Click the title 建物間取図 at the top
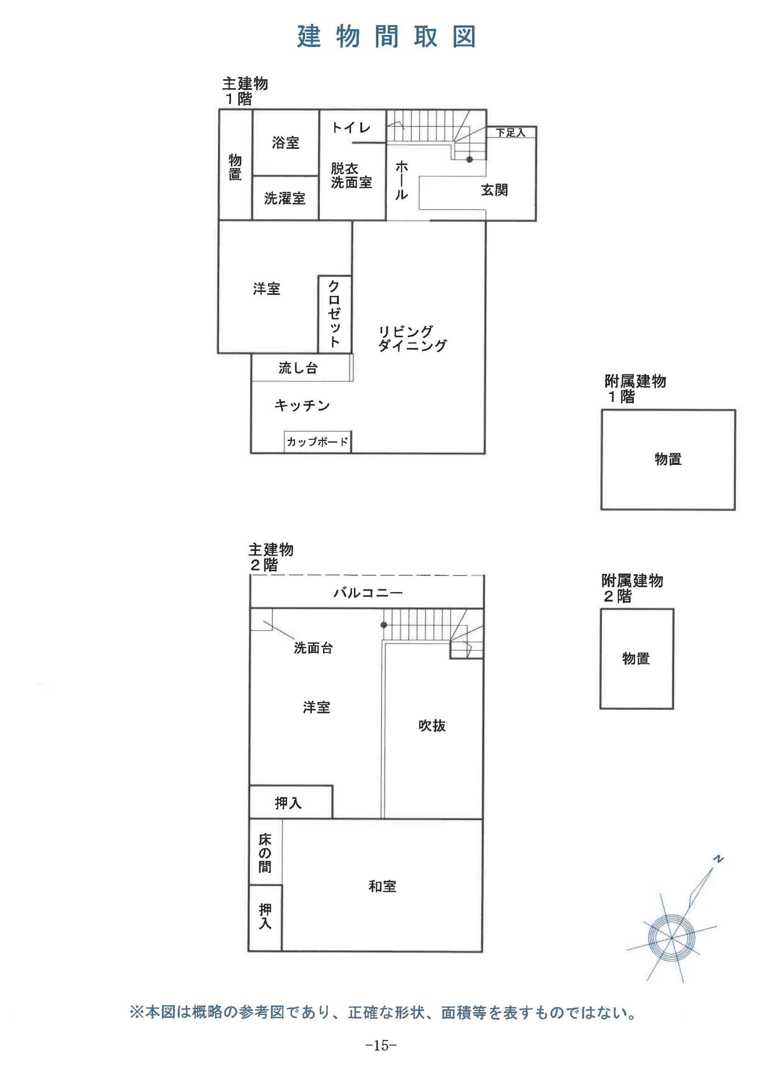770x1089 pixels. [x=386, y=37]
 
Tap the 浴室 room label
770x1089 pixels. [x=285, y=143]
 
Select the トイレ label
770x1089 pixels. [x=351, y=128]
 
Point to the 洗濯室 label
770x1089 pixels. [x=284, y=198]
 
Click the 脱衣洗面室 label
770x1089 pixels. [x=351, y=176]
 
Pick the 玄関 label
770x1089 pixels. [x=494, y=190]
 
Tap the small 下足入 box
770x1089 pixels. [x=511, y=133]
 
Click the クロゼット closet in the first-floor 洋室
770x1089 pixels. [x=334, y=313]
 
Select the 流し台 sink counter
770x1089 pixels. [x=298, y=368]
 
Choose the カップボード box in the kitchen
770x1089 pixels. [x=317, y=442]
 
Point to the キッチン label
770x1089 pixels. [x=302, y=406]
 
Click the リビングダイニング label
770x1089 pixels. [x=412, y=339]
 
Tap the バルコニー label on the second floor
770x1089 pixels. [x=368, y=592]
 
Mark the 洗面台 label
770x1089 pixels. [x=313, y=648]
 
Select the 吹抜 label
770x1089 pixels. [x=432, y=726]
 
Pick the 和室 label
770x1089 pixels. [x=382, y=886]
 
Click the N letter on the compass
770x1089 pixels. [x=719, y=859]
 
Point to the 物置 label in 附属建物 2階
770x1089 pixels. [x=636, y=658]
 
